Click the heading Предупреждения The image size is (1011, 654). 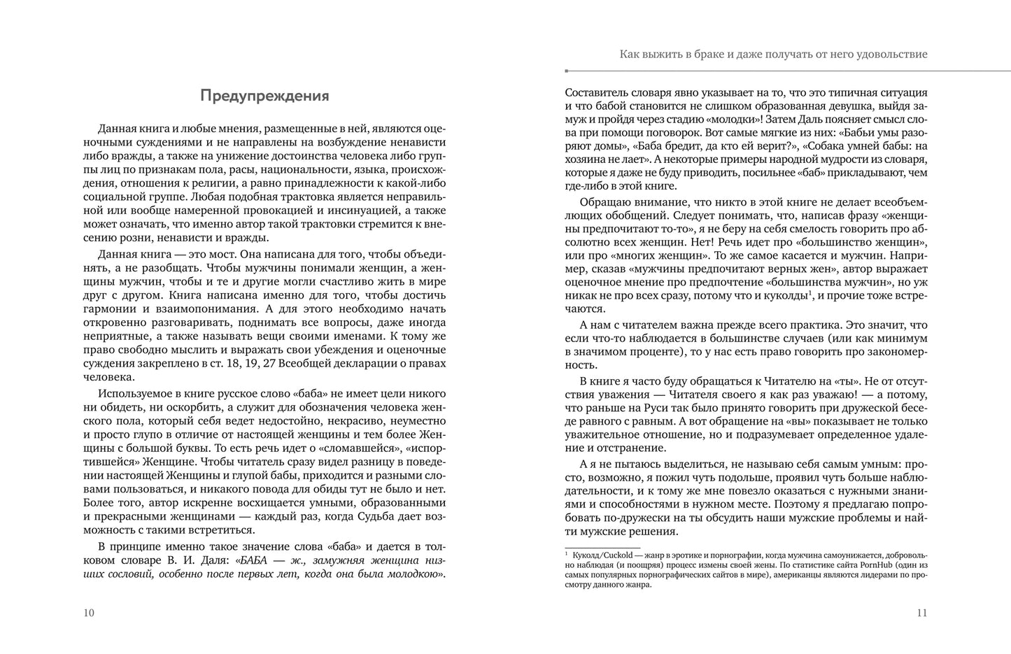pyautogui.click(x=264, y=96)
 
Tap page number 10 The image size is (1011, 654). pyautogui.click(x=88, y=613)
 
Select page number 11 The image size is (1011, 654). pyautogui.click(x=921, y=613)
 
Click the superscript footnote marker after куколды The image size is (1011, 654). pyautogui.click(x=809, y=293)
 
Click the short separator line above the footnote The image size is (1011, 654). pyautogui.click(x=602, y=548)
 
